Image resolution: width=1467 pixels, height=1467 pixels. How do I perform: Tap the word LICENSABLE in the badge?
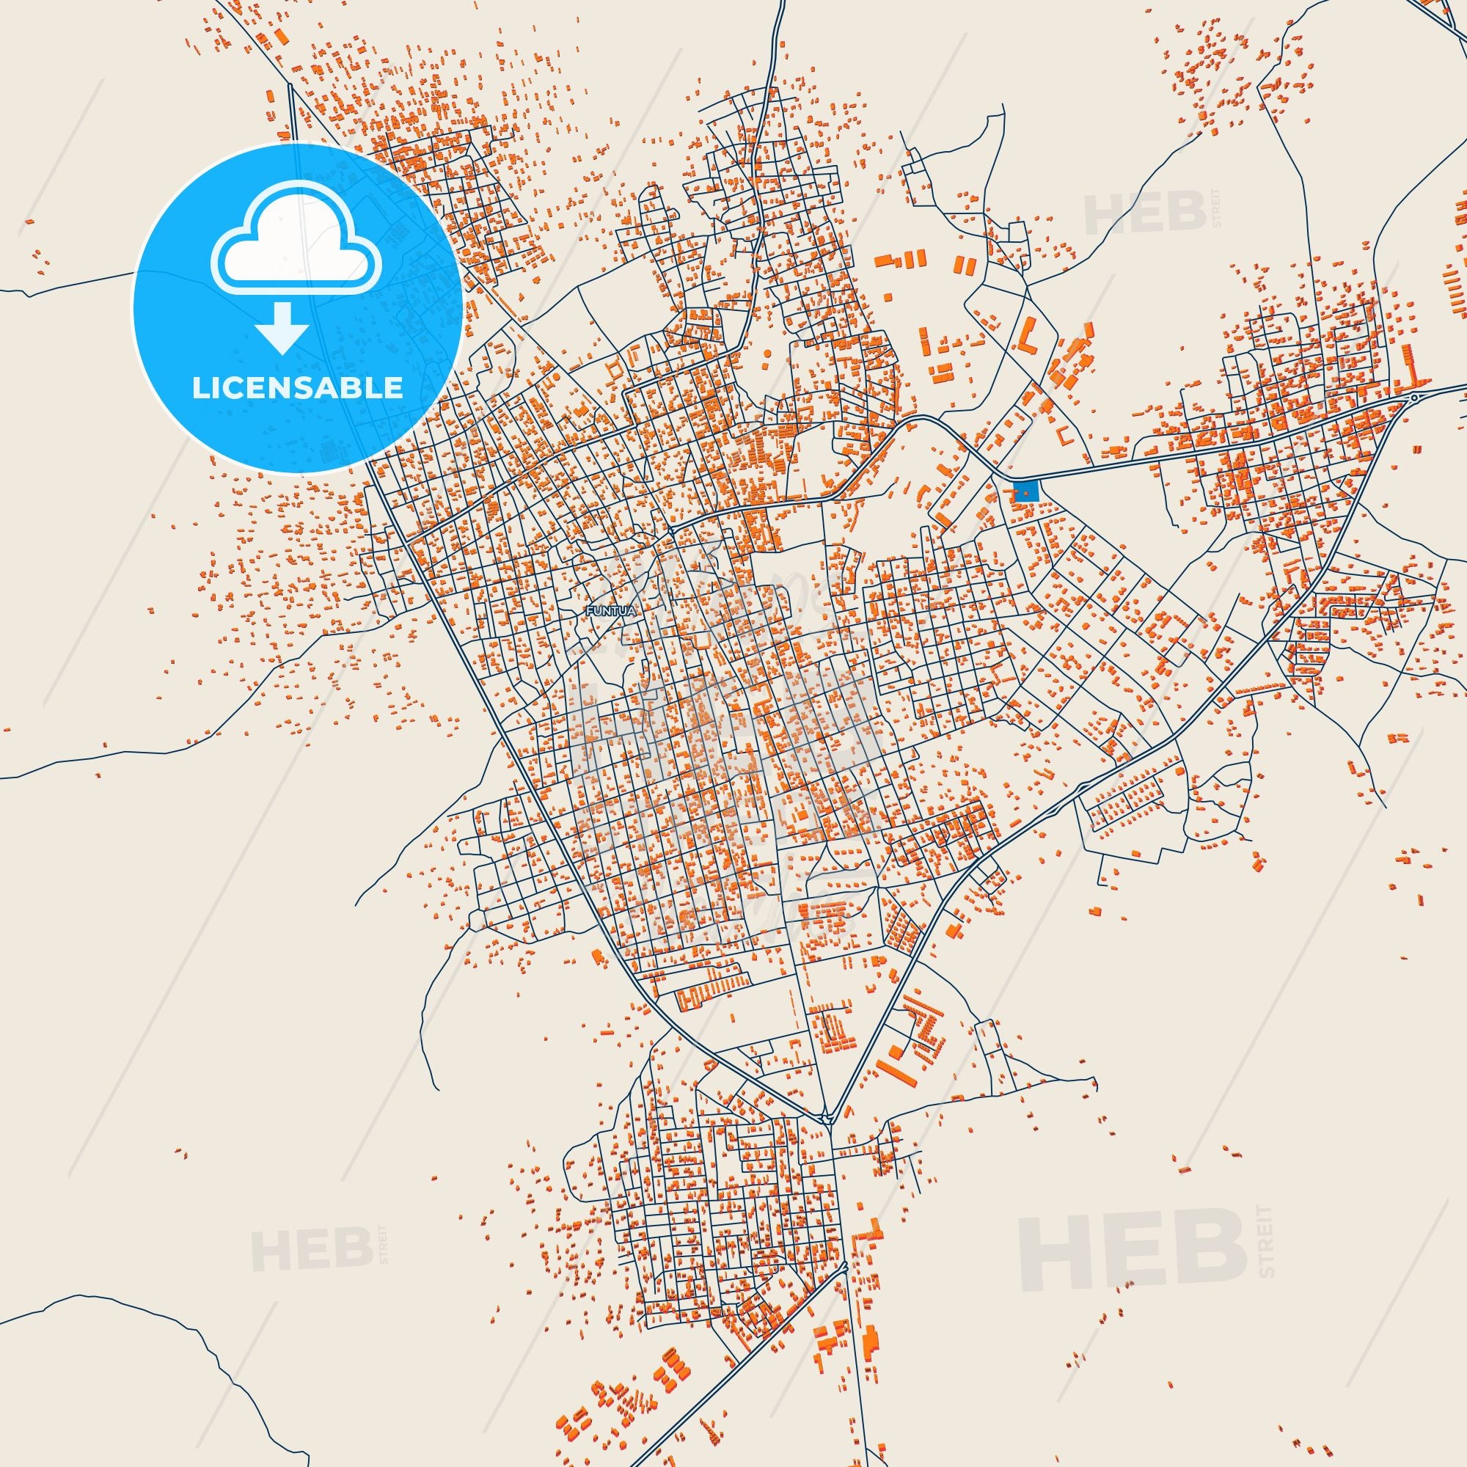pyautogui.click(x=297, y=388)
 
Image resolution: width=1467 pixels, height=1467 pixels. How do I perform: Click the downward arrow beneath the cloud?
pyautogui.click(x=281, y=326)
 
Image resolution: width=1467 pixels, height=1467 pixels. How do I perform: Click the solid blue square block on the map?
pyautogui.click(x=1026, y=491)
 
